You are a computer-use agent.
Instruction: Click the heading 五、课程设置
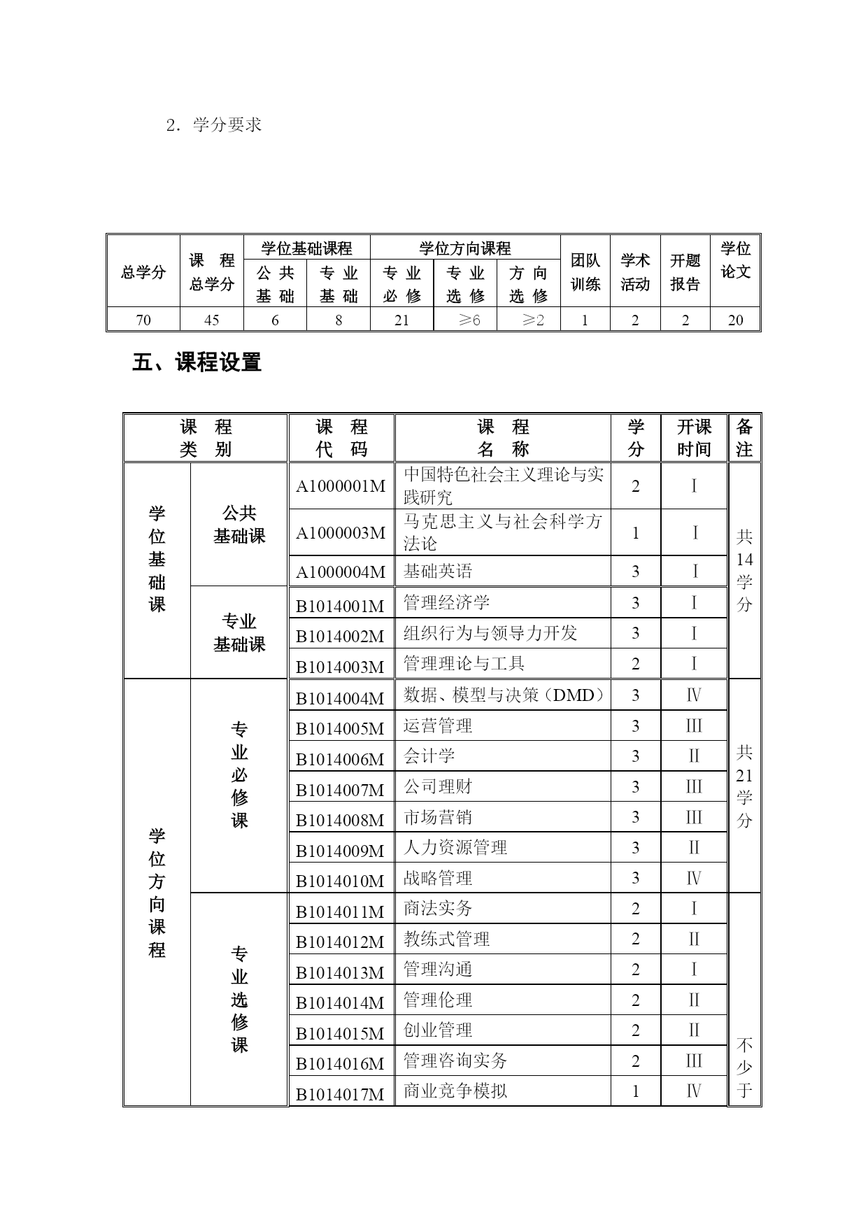(197, 362)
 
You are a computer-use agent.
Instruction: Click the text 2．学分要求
(213, 125)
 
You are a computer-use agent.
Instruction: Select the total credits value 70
(143, 320)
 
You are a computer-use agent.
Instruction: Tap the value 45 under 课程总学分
(211, 320)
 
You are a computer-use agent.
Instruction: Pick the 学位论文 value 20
(735, 320)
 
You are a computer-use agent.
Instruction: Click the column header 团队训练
(585, 272)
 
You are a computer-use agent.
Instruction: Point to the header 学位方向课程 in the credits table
(465, 248)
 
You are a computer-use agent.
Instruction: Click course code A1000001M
(341, 486)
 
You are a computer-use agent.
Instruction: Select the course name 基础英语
(438, 572)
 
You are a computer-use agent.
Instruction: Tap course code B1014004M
(341, 698)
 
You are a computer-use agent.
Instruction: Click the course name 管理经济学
(446, 602)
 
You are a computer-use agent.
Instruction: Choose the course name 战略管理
(438, 878)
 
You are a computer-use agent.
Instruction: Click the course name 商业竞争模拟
(455, 1091)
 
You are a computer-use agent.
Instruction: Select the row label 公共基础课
(239, 525)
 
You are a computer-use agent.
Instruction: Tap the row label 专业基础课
(239, 632)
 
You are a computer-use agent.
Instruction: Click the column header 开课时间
(694, 438)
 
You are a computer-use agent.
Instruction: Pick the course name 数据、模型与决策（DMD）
(504, 695)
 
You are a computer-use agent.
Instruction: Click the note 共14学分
(744, 570)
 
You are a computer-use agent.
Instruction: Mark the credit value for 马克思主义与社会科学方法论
(635, 533)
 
